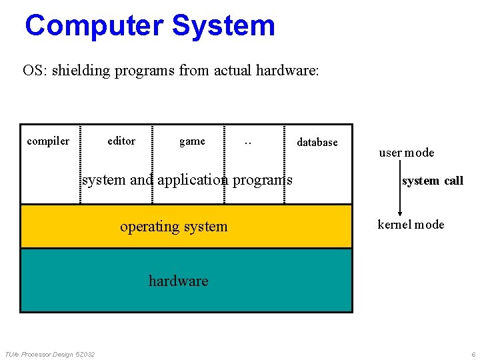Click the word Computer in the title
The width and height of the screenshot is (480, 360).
(94, 26)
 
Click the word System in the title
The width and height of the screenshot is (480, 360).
(223, 26)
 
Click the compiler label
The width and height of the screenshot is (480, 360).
(48, 141)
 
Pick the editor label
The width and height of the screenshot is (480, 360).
(121, 141)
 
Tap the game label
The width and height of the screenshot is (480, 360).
(192, 141)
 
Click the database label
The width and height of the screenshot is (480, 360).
(317, 142)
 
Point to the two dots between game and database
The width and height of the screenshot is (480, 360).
(248, 142)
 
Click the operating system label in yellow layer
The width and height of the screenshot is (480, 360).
(174, 227)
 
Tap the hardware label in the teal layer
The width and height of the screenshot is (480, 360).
(178, 281)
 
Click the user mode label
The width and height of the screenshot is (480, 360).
(407, 153)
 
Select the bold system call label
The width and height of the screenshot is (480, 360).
(432, 181)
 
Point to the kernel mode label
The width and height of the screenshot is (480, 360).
(411, 225)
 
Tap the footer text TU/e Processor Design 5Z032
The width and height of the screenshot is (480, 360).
(50, 353)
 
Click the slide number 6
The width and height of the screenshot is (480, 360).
(473, 353)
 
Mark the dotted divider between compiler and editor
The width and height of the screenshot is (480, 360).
(81, 163)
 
